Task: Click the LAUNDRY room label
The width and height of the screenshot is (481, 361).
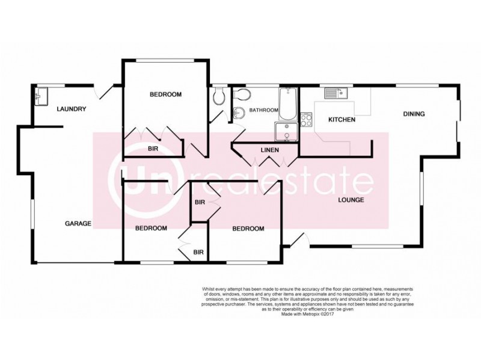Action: tap(72, 109)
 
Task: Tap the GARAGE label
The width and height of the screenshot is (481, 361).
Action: tap(78, 224)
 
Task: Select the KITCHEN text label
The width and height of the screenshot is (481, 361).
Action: tap(342, 120)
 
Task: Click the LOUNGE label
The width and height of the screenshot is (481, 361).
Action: tap(351, 200)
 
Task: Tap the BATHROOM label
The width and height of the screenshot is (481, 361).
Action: tap(264, 110)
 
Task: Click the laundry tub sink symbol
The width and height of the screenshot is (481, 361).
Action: tap(40, 96)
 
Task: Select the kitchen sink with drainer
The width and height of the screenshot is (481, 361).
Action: tap(334, 93)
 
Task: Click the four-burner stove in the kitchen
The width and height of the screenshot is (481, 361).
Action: tap(306, 120)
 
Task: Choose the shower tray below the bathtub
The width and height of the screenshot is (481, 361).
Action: tap(286, 132)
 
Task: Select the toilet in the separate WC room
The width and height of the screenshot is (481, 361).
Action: tap(219, 96)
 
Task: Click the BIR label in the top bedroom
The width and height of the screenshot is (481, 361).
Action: tap(153, 148)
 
